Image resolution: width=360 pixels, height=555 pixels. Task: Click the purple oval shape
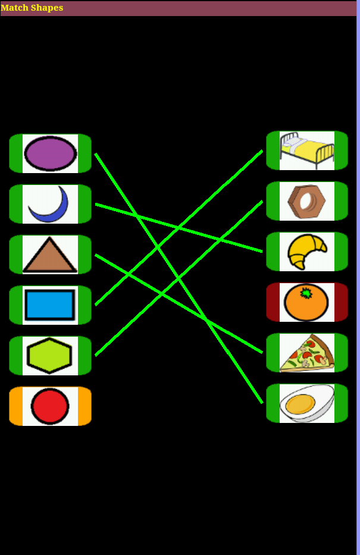point(50,153)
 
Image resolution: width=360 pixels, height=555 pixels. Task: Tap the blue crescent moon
point(53,211)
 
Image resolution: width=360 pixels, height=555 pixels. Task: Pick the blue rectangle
point(50,305)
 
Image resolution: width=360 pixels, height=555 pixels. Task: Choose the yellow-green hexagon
point(49,355)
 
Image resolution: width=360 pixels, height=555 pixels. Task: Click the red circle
point(50,406)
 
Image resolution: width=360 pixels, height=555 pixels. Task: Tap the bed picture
point(307,150)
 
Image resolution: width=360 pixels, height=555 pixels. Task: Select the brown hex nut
point(306,201)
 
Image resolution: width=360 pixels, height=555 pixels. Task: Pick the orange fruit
point(306,303)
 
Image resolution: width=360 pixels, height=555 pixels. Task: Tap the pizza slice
point(307,353)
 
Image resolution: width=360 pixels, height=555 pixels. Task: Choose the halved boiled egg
point(307,403)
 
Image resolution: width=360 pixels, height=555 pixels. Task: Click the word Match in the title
point(14,7)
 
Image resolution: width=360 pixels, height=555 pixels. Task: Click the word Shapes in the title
point(47,8)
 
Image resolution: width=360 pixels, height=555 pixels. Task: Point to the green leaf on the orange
point(306,293)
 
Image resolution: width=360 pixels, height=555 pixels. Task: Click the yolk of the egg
point(300,404)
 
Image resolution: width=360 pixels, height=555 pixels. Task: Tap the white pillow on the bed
point(292,142)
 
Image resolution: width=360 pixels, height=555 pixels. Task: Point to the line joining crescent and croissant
point(179,228)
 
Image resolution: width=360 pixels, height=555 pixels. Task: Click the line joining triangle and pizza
point(179,303)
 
